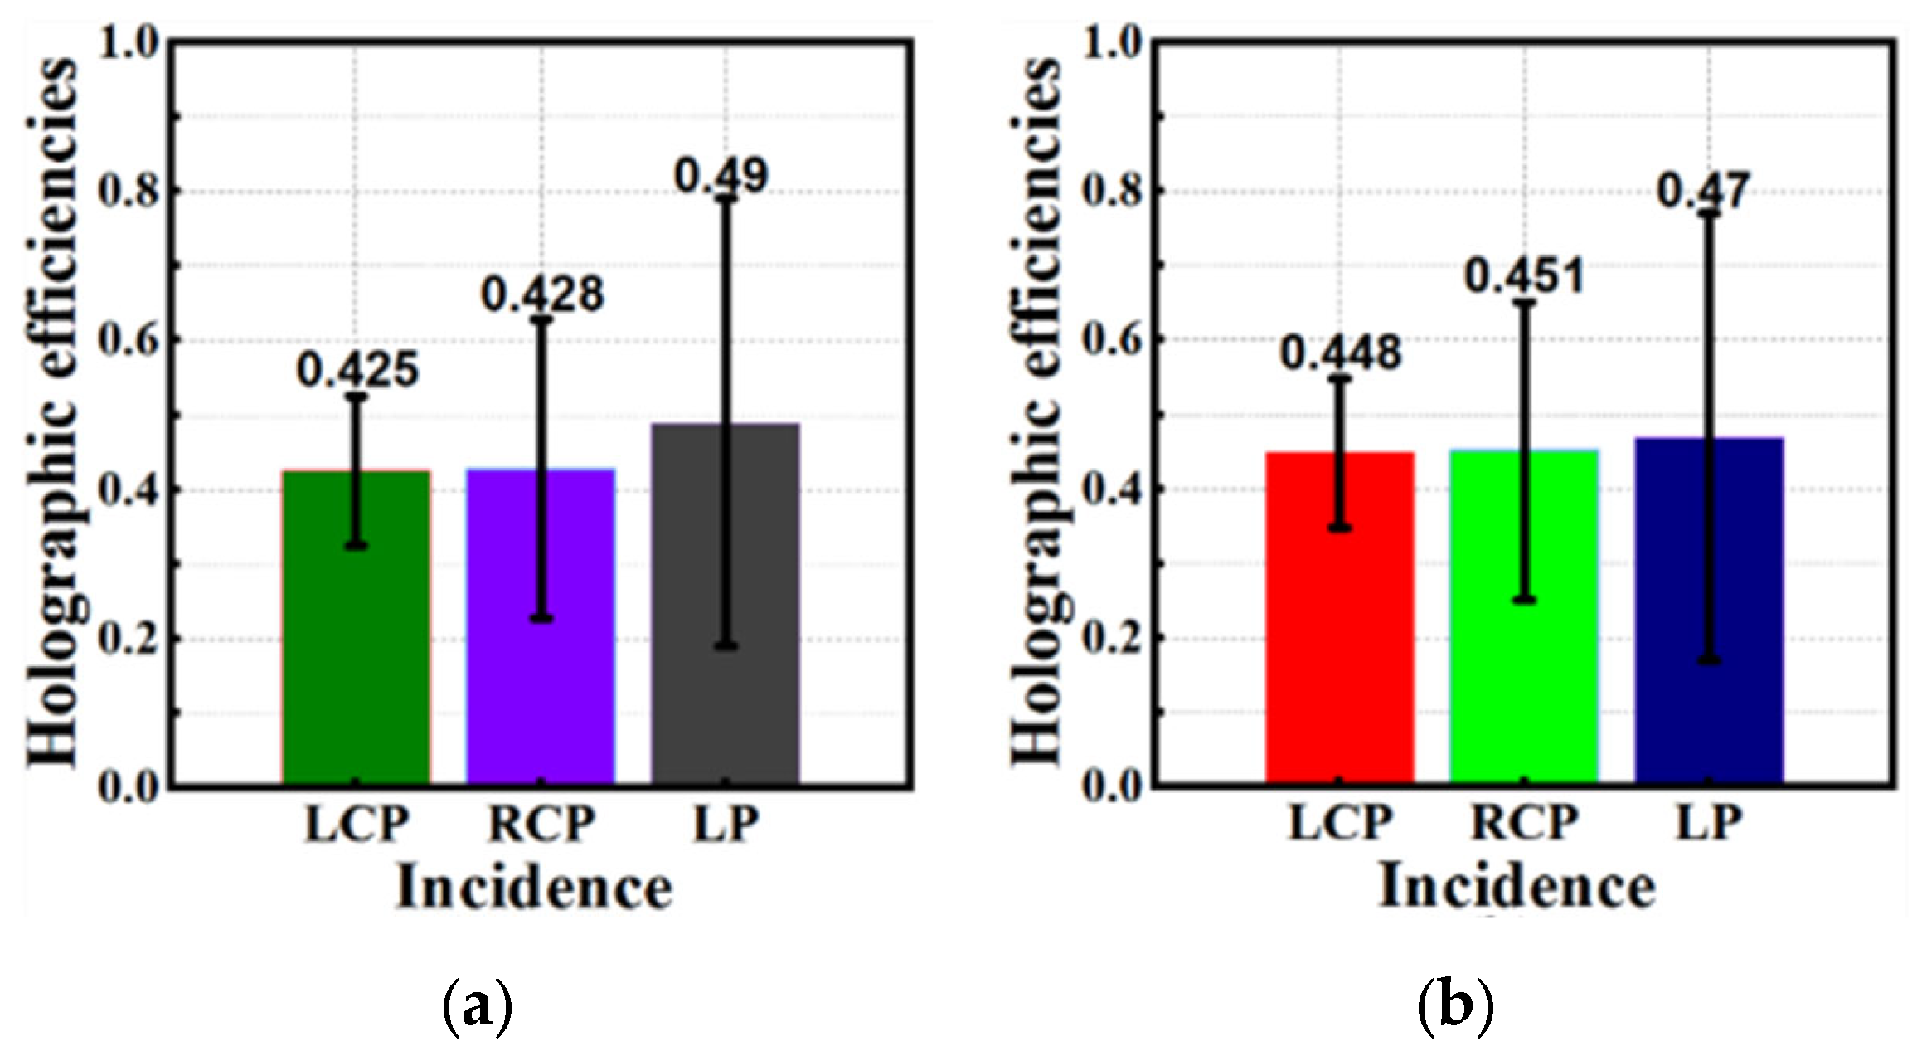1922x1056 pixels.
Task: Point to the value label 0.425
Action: click(357, 370)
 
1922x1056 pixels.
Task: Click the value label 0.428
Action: click(542, 294)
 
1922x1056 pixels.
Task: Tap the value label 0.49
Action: click(721, 175)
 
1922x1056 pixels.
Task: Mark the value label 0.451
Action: click(1524, 276)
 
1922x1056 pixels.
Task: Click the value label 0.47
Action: click(1703, 192)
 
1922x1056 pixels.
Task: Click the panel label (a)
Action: click(478, 1007)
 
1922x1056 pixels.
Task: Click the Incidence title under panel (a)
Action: click(534, 888)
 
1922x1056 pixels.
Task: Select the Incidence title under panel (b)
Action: click(1517, 887)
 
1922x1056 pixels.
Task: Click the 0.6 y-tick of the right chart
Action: click(1111, 339)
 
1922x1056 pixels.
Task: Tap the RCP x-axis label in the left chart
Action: click(541, 824)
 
